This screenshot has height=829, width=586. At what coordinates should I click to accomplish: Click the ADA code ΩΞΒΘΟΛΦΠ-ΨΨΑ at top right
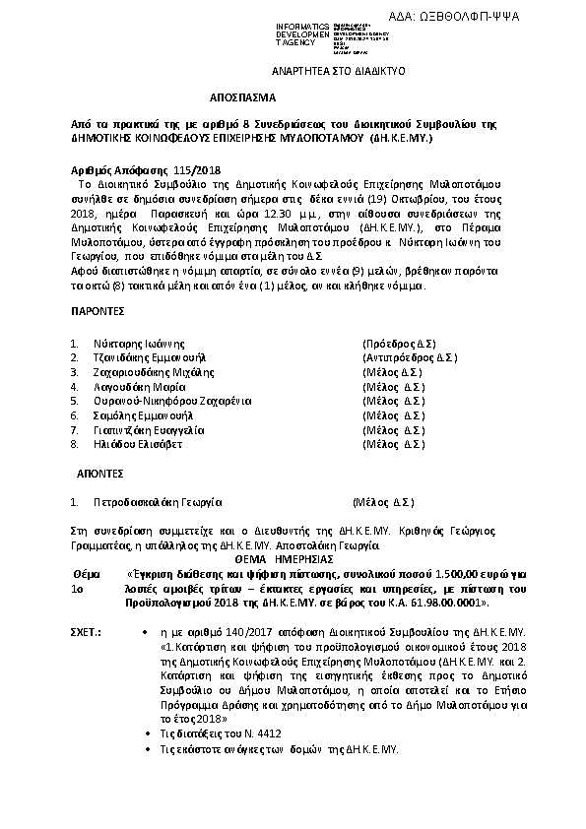click(511, 17)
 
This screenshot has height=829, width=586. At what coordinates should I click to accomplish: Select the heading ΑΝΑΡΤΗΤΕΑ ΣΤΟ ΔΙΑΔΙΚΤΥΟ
click(338, 72)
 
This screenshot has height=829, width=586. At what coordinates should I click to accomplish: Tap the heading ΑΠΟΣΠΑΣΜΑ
click(243, 99)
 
